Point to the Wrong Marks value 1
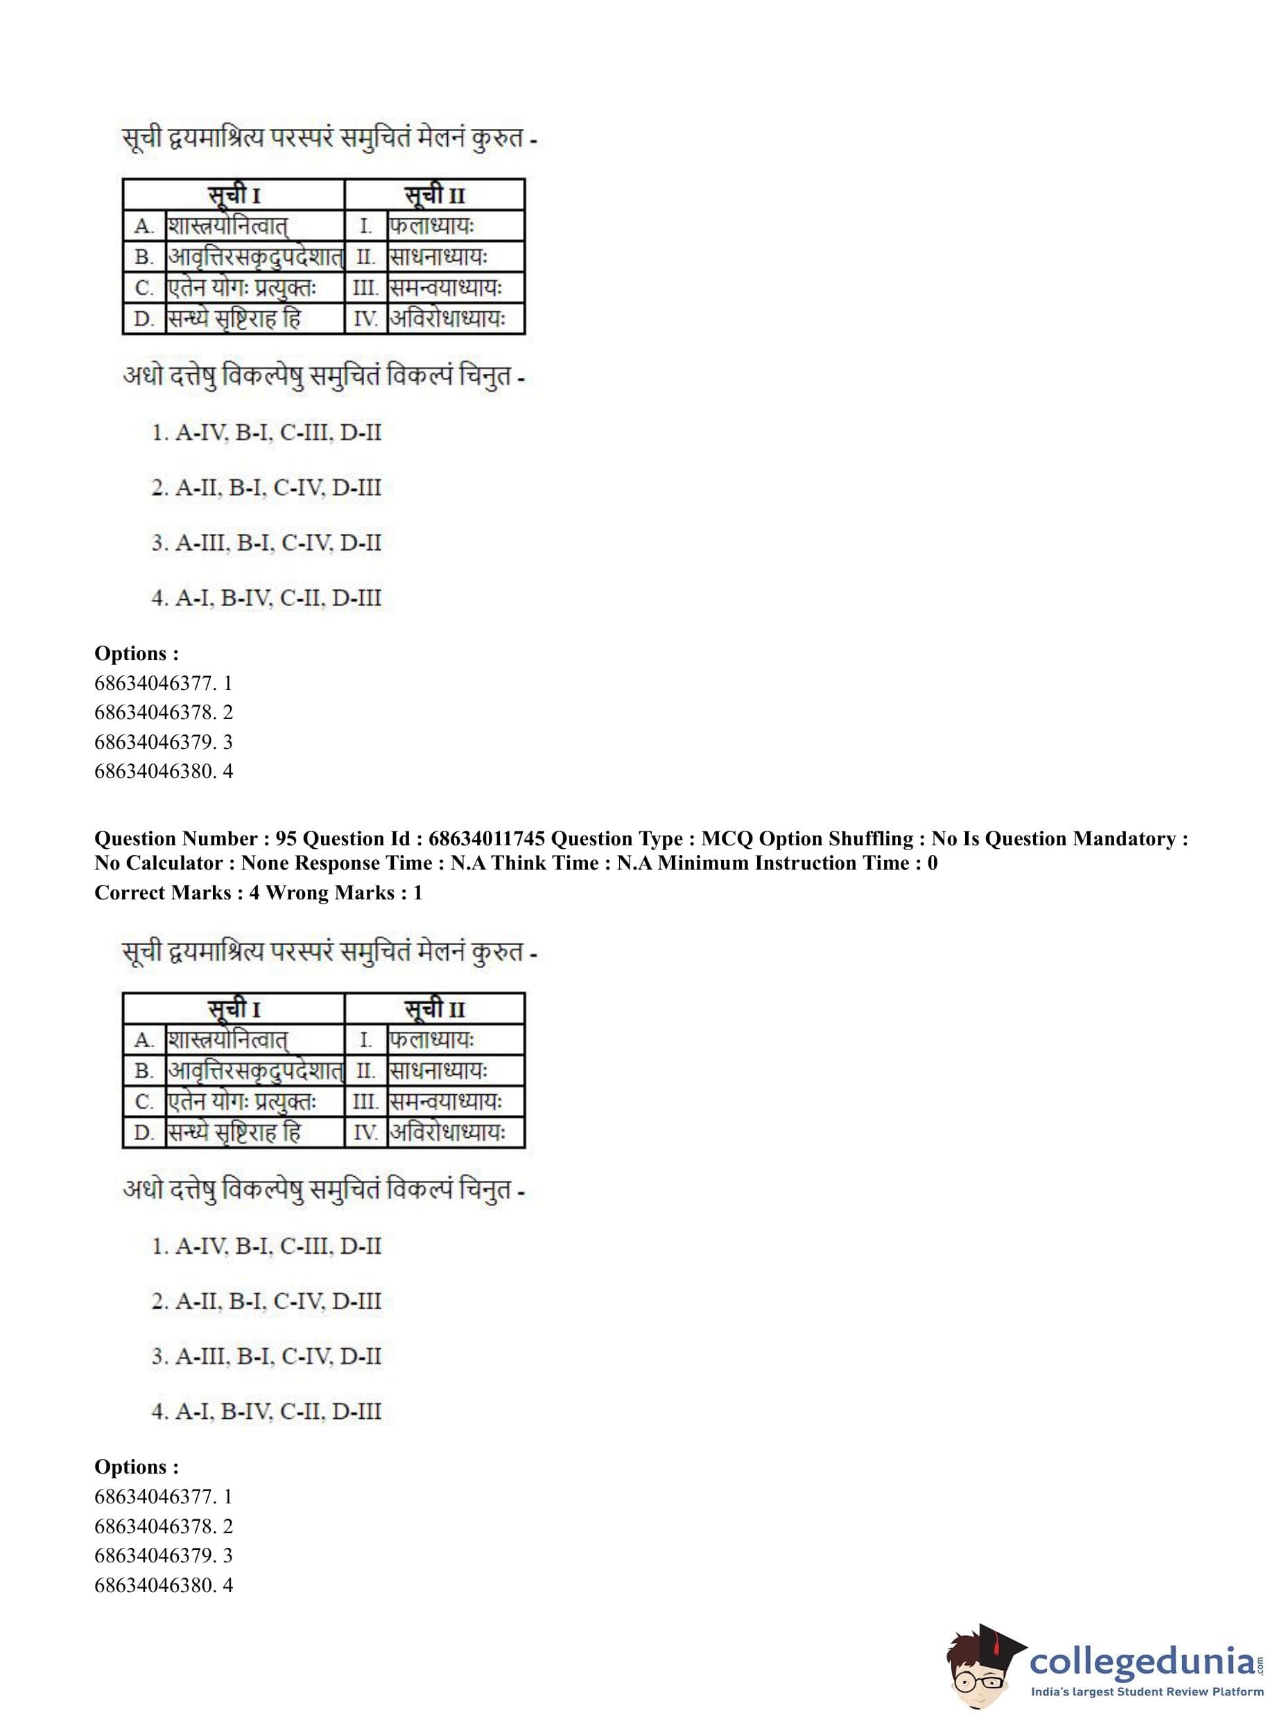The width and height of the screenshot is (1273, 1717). click(417, 892)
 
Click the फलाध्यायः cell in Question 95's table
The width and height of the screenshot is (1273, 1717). click(431, 1040)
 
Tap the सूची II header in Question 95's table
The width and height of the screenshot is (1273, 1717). click(435, 1009)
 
